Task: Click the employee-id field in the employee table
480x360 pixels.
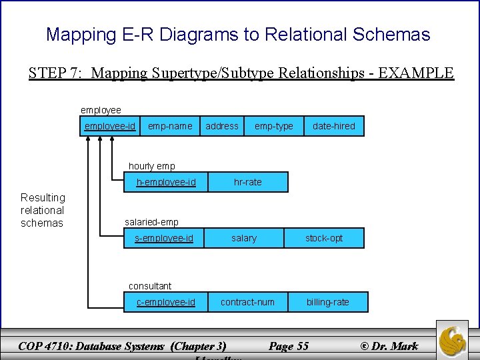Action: (110, 126)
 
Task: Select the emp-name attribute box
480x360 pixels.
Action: (170, 126)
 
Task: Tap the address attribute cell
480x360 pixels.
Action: (222, 126)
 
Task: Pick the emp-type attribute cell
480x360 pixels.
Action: (273, 126)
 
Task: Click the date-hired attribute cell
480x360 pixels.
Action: (334, 126)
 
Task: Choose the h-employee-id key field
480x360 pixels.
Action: (166, 182)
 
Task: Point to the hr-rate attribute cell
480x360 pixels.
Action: (248, 182)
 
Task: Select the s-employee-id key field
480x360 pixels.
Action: (164, 238)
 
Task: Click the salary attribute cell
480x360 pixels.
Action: (244, 238)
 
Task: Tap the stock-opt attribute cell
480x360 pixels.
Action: (324, 238)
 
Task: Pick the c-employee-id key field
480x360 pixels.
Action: (166, 302)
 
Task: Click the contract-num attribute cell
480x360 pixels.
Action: (247, 302)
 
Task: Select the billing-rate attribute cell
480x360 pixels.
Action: (327, 302)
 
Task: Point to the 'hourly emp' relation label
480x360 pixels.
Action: (152, 166)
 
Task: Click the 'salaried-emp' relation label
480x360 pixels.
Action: (152, 222)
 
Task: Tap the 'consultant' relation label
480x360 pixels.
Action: (150, 286)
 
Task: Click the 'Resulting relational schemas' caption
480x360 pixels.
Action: (43, 210)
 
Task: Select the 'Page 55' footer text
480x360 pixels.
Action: (289, 345)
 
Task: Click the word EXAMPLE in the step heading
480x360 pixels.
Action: (416, 73)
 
